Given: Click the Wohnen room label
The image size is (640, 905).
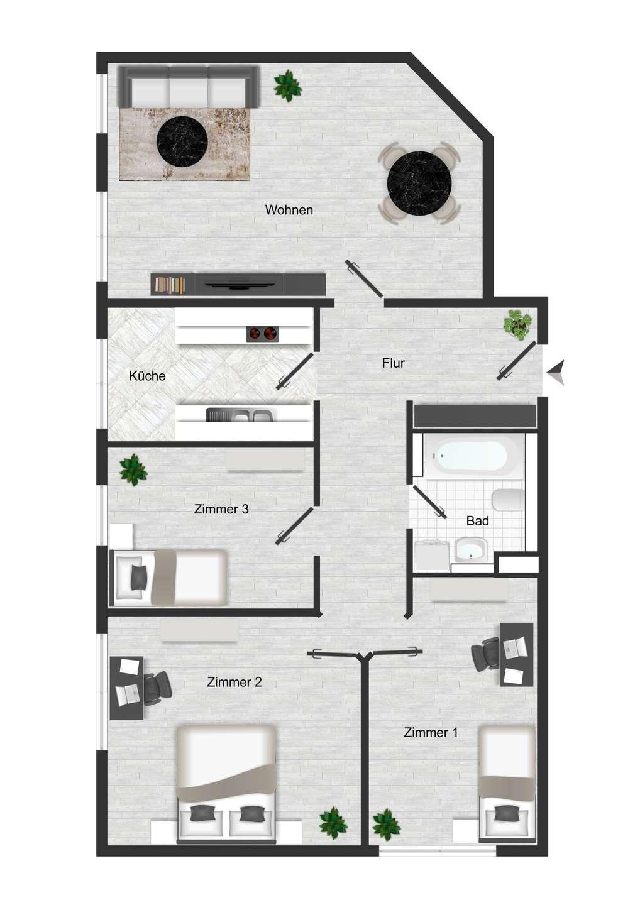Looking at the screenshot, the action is tap(289, 210).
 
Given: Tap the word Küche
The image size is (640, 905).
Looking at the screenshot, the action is tap(147, 376).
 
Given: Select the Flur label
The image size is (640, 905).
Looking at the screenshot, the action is tap(393, 363).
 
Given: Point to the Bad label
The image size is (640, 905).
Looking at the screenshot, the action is tap(478, 521).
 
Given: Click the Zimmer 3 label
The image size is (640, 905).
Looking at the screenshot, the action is tap(221, 508).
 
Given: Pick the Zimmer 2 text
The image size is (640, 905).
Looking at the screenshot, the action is tap(234, 682).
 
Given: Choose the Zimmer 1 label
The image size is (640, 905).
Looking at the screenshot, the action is tap(431, 732).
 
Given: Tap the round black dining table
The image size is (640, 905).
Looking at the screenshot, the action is tap(419, 184).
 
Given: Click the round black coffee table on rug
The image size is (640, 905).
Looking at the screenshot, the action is tap(182, 142).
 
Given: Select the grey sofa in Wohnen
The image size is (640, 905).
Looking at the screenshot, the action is tap(188, 87).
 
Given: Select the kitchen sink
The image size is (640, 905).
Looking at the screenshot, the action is tap(241, 415).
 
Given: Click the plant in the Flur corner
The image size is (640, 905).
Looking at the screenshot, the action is tap(517, 322).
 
